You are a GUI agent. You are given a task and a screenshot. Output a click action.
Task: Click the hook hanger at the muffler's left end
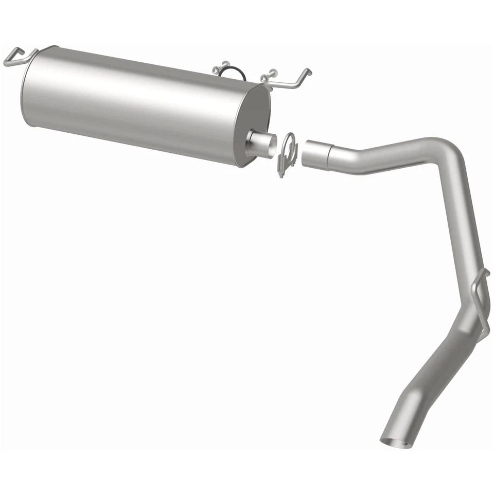click(18, 57)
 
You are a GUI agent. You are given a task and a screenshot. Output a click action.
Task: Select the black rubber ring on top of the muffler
click(233, 73)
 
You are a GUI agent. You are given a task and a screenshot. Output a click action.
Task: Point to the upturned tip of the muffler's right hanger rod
click(307, 72)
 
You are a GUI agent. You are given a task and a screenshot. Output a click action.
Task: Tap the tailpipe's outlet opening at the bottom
click(397, 442)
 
